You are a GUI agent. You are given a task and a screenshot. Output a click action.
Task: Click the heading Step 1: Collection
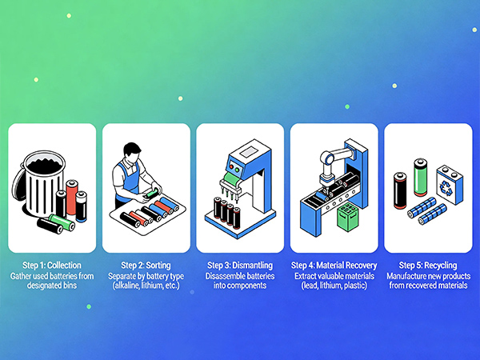coord(52,265)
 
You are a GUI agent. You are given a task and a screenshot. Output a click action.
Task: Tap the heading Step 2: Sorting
coord(146,265)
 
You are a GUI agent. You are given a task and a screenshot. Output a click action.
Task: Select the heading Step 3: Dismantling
coord(240,265)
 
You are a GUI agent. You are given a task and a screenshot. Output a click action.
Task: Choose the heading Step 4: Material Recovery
coord(334,265)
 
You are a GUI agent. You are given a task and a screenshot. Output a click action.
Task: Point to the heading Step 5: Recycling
coord(428,265)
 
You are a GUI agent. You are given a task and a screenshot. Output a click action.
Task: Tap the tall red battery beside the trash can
coord(72,197)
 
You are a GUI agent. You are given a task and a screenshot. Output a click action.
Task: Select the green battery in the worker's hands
coord(151,194)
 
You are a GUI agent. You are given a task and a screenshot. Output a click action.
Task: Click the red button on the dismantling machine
coord(231,167)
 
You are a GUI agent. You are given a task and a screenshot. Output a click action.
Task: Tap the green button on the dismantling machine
coord(237,170)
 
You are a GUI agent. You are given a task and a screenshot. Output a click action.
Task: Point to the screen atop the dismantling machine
coord(249,151)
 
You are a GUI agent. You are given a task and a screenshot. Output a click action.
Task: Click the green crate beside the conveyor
coord(347,217)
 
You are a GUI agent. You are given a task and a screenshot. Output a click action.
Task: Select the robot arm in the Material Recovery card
coord(334,167)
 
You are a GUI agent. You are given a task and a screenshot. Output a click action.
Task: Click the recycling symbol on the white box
coord(446,188)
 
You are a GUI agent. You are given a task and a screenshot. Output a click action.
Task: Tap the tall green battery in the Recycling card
coord(420,177)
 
